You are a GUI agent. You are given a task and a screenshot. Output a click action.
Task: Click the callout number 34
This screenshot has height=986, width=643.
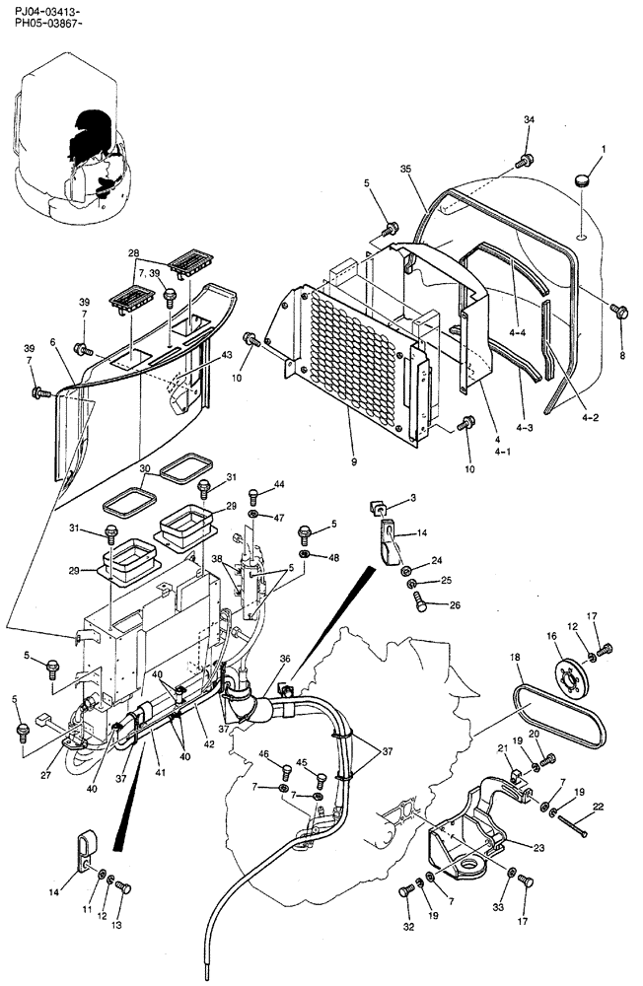529,119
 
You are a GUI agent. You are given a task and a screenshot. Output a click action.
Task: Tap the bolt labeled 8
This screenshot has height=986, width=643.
619,312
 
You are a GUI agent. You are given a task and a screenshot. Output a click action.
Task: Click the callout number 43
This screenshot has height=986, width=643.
227,354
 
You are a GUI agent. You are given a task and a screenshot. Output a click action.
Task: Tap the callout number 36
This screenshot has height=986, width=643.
285,660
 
